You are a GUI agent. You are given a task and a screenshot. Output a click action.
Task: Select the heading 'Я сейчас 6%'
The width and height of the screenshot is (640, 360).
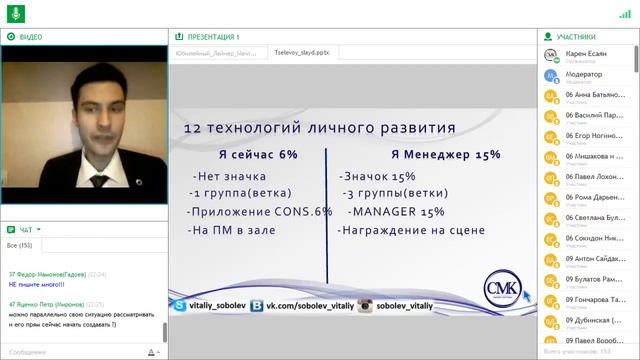(x=259, y=155)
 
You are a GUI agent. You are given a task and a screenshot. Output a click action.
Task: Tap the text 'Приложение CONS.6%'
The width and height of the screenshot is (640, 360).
(x=259, y=212)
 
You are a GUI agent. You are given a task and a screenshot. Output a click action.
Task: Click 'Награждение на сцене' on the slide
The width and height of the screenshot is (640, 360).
(x=412, y=230)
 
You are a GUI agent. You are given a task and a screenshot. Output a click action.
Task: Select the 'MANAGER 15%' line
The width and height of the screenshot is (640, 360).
(x=397, y=212)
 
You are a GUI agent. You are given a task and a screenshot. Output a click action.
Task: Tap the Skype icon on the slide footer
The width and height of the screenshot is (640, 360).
(x=180, y=305)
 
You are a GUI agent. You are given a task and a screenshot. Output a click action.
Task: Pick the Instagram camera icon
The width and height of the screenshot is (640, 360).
(x=366, y=305)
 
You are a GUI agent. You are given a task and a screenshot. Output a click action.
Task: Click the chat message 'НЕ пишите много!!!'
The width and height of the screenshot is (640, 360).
(x=35, y=283)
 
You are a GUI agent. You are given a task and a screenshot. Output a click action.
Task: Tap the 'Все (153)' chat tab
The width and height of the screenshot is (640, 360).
(x=19, y=244)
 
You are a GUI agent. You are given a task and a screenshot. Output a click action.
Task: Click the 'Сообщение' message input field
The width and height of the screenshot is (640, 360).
(x=70, y=351)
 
